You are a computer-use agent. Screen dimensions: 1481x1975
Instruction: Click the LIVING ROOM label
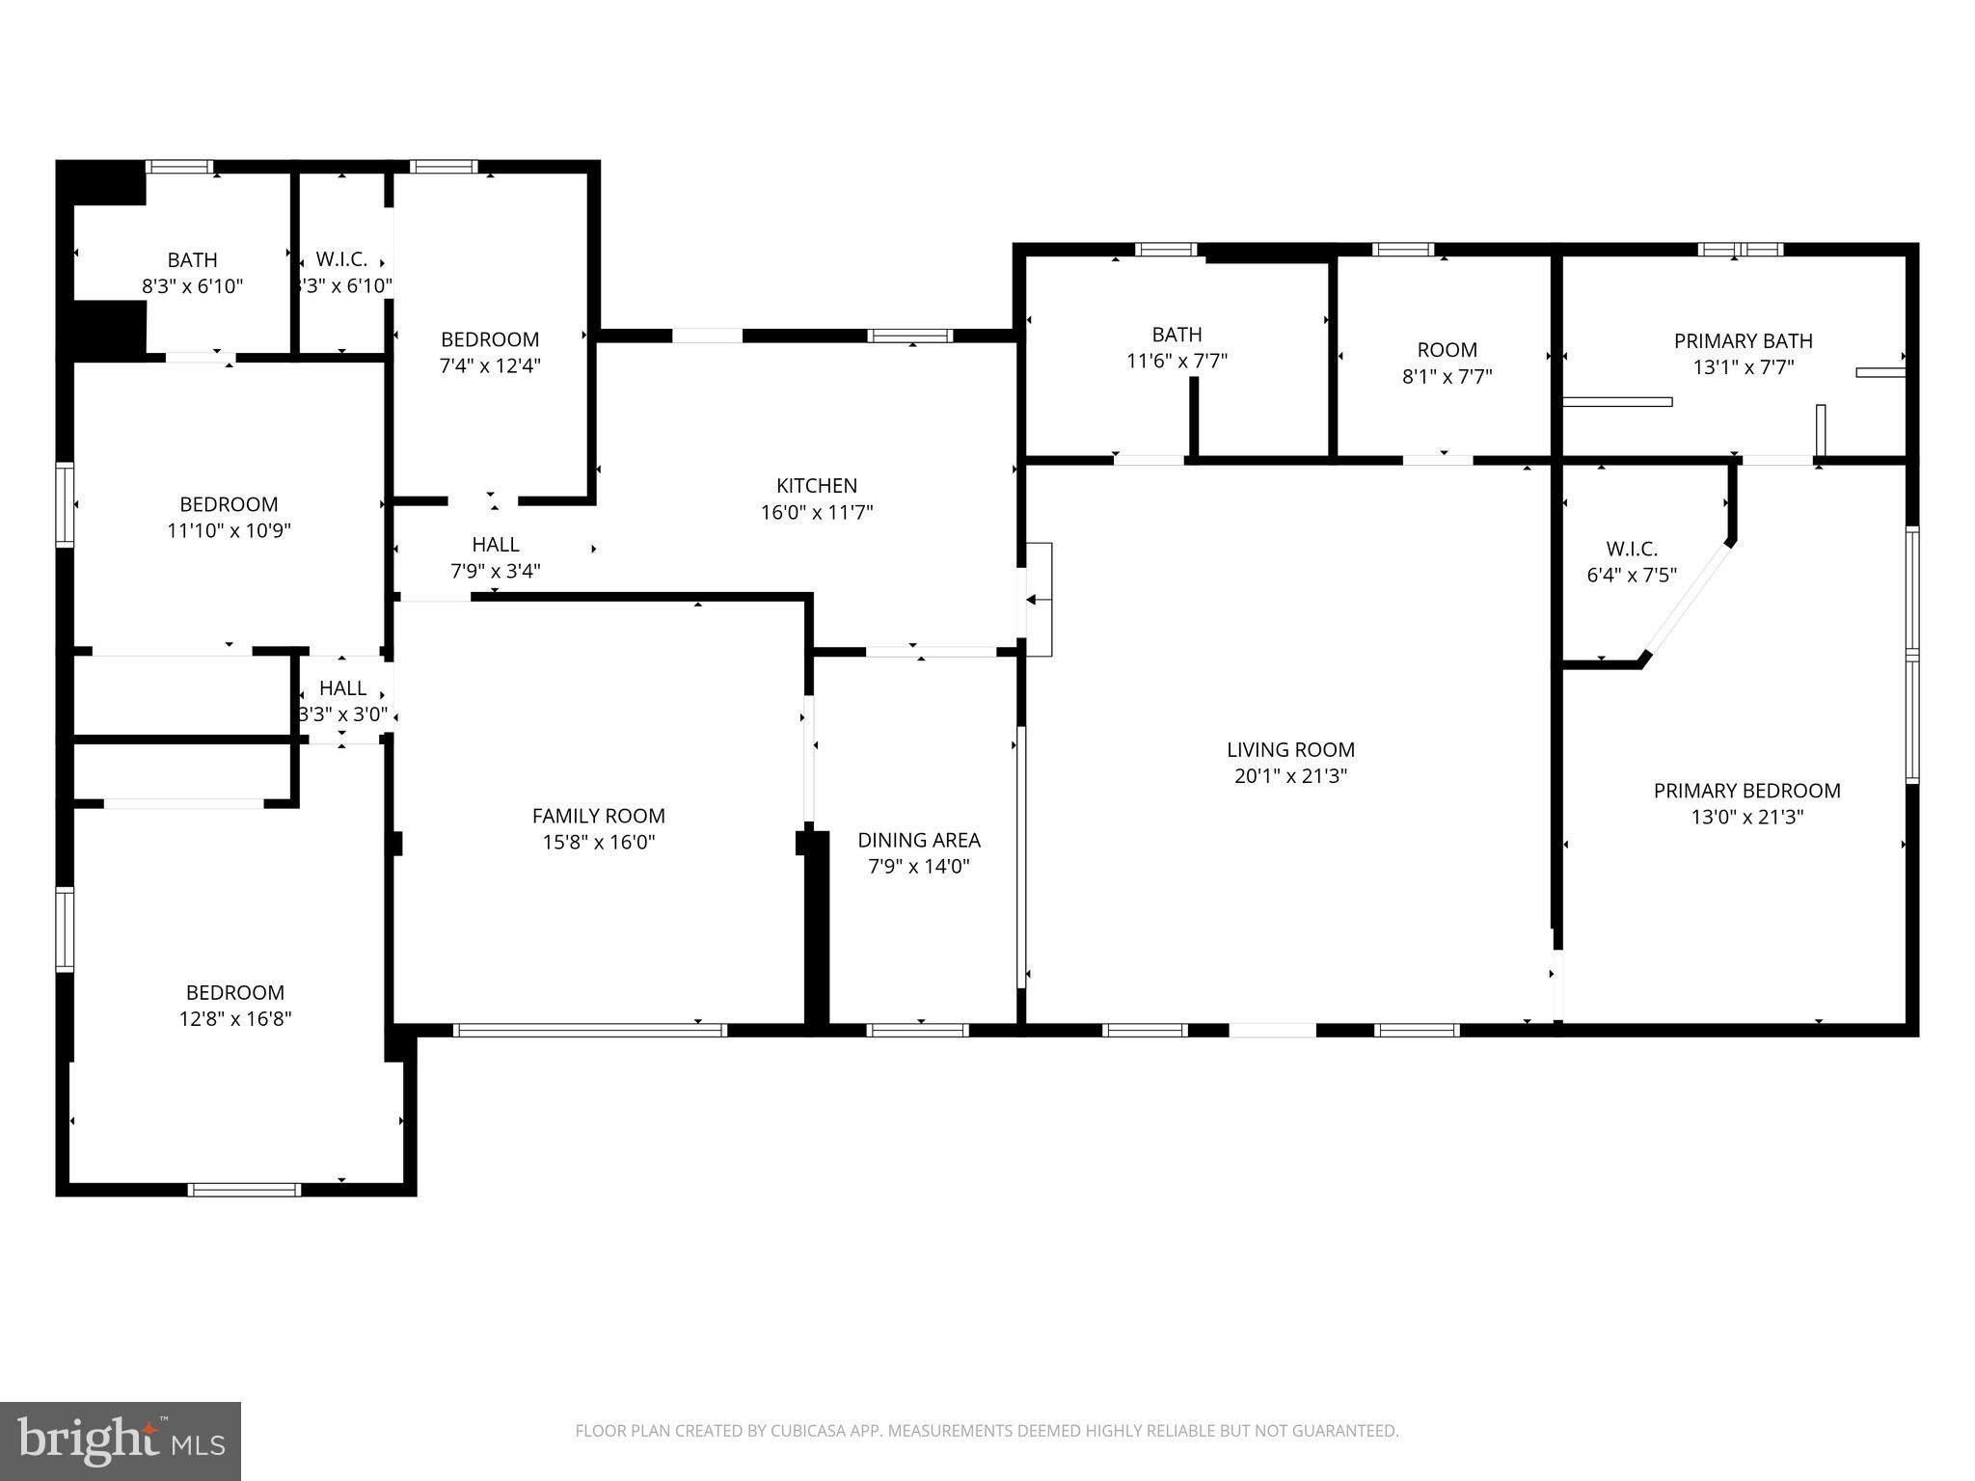[1290, 749]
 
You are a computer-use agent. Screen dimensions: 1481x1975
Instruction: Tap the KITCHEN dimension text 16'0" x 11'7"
[817, 512]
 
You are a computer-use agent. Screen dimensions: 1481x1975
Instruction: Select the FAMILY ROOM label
[598, 816]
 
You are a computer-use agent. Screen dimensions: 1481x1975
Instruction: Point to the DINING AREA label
[918, 840]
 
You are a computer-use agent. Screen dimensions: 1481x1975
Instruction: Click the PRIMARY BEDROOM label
[1746, 791]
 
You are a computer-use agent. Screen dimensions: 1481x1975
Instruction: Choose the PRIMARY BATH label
[1743, 340]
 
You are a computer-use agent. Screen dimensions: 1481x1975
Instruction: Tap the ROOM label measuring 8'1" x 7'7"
[1447, 350]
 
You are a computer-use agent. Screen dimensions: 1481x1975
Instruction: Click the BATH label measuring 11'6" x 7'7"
[1177, 335]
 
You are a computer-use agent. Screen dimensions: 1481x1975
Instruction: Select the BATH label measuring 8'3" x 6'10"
[192, 260]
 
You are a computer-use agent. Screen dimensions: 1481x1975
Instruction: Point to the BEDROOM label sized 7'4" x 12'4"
[489, 339]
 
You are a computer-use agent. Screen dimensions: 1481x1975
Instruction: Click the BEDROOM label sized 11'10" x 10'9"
[229, 504]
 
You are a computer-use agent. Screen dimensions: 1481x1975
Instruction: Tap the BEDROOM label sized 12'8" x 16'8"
[234, 992]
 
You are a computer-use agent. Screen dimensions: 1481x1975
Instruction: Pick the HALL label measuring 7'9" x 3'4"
[495, 545]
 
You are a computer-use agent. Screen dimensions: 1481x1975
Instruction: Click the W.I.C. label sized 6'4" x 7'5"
[1632, 549]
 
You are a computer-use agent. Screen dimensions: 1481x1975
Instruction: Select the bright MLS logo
[121, 1441]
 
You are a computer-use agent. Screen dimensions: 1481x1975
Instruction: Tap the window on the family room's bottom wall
[589, 1030]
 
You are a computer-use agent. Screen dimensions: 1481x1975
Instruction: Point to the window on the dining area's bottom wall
[917, 1030]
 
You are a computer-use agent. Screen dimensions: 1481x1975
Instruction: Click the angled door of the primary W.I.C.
[1688, 599]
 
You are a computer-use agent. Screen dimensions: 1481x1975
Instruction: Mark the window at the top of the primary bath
[1740, 250]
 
